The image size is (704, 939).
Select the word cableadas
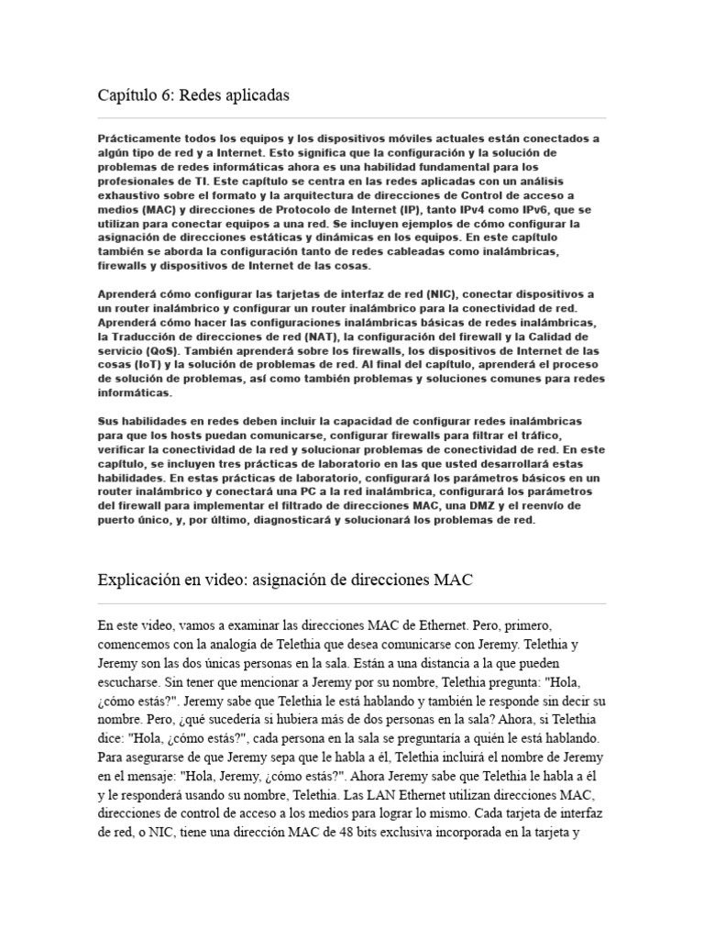click(424, 251)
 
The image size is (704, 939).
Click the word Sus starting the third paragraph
click(108, 421)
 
